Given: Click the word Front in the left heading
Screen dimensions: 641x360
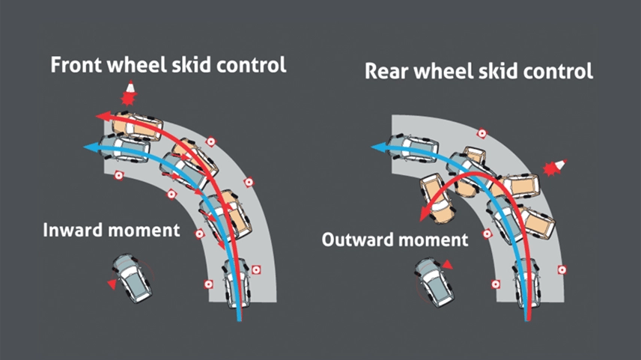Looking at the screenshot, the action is [76, 65].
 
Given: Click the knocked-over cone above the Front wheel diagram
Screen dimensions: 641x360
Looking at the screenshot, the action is [129, 93].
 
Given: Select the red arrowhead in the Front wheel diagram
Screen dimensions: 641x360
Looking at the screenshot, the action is [103, 116].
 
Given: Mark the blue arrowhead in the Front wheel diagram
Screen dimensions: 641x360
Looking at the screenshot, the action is [91, 147].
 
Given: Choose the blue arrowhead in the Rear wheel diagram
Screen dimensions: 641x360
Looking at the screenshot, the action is [379, 147].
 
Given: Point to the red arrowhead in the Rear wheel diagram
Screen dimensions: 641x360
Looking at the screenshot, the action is [425, 214].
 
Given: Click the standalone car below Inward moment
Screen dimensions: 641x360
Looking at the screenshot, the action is [133, 278].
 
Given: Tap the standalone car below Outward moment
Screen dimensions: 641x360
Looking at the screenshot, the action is [434, 282].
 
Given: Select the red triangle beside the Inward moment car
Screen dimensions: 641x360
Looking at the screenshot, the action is [111, 284].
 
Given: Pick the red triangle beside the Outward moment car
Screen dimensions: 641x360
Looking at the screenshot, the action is [448, 265].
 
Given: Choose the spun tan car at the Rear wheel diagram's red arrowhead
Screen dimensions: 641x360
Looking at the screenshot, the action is [437, 198].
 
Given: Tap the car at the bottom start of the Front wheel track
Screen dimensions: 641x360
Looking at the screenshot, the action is [237, 283].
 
